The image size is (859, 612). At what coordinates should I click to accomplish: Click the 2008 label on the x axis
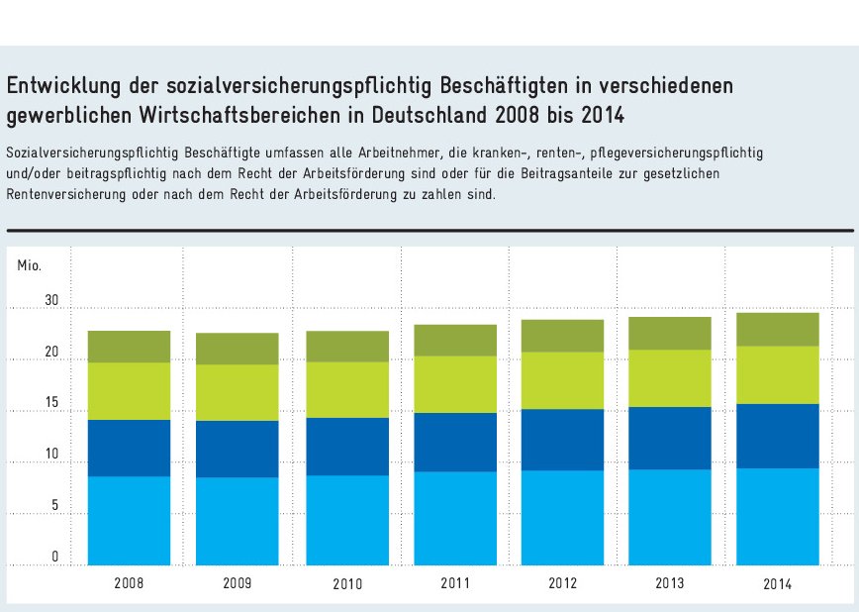pos(129,583)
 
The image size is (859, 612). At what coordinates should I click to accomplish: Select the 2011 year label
pos(455,583)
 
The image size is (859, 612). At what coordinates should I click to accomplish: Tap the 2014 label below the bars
pos(777,584)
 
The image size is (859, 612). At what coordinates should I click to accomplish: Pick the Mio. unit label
pos(29,265)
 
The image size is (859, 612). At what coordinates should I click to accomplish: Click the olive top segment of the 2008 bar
pos(129,347)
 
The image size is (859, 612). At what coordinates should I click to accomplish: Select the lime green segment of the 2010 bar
pos(346,389)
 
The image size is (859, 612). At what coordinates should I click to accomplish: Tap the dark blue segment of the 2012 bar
pos(563,440)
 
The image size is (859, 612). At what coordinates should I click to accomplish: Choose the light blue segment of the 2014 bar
pos(777,516)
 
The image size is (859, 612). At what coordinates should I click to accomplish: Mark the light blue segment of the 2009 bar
pos(237,521)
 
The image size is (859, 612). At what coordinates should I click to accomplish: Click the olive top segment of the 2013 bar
pos(670,333)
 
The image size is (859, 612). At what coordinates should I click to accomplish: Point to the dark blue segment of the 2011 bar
pos(455,442)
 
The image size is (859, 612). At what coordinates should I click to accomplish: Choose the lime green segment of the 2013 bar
pos(670,378)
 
